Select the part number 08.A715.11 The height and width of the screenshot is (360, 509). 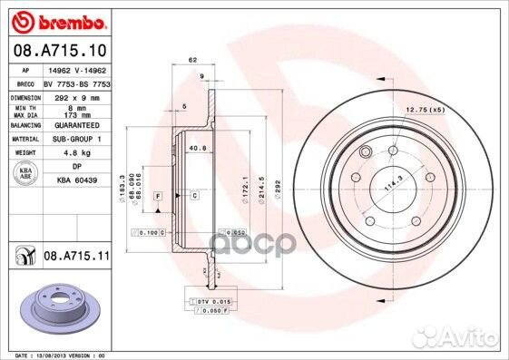76,258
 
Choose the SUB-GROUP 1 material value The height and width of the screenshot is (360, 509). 79,140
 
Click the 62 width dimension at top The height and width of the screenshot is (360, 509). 192,60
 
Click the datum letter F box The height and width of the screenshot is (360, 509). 159,197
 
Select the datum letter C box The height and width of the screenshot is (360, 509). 194,195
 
